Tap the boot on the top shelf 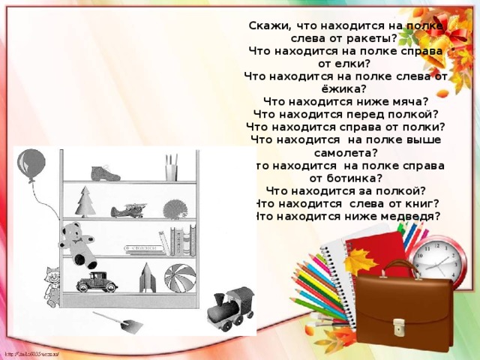pos(106,172)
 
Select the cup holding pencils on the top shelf pos(172,170)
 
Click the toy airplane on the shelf pos(133,209)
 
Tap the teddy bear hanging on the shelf pos(79,243)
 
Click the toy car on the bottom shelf pos(97,281)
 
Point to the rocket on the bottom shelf pos(147,277)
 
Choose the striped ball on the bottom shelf pos(180,277)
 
